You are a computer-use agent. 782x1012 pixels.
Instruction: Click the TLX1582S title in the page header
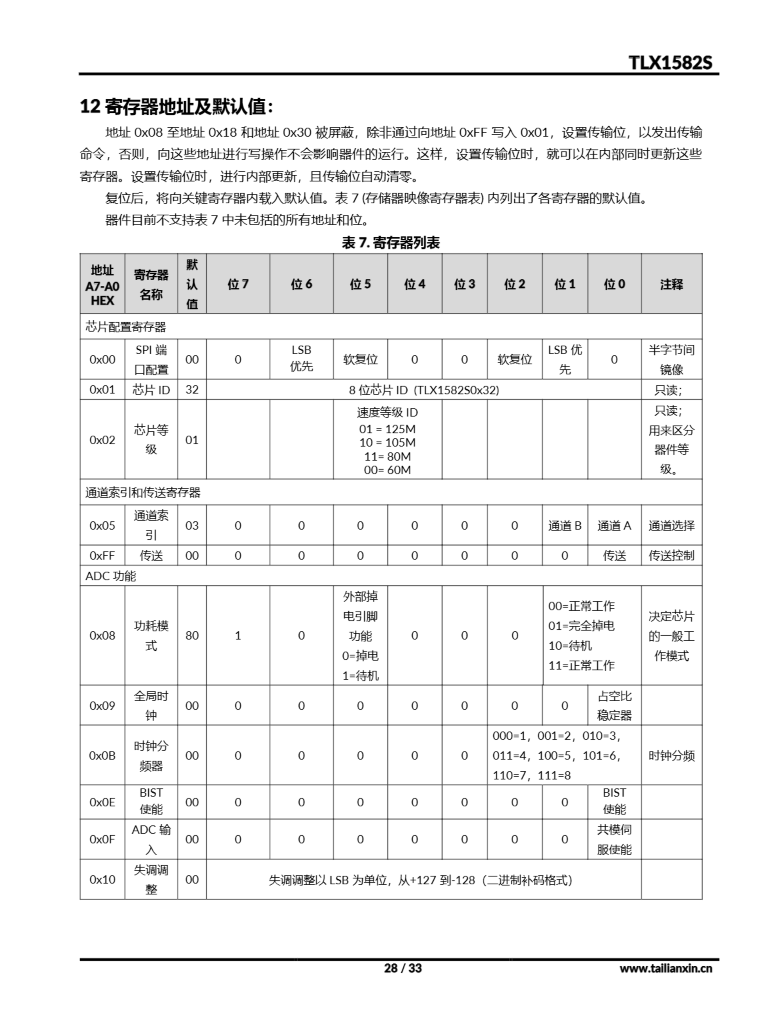click(670, 62)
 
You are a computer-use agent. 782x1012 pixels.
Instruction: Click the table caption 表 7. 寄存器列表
click(390, 242)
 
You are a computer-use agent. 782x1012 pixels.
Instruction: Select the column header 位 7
click(238, 284)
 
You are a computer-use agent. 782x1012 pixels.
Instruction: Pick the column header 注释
click(671, 284)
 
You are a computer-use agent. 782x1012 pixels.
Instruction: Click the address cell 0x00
click(102, 360)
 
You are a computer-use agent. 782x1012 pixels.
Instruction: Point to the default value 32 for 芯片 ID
click(192, 390)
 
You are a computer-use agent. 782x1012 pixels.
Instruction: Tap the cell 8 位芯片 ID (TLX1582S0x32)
click(424, 390)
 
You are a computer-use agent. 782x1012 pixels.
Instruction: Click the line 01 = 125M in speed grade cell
click(387, 429)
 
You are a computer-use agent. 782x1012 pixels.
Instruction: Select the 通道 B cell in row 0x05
click(565, 525)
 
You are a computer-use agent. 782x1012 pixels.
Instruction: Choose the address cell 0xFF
click(102, 555)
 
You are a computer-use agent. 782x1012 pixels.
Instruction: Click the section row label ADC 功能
click(111, 576)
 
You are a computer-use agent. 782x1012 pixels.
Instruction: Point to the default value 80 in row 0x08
click(192, 635)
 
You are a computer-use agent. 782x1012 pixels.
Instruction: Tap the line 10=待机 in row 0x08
click(570, 646)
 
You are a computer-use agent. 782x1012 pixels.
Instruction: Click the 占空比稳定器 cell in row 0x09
click(614, 705)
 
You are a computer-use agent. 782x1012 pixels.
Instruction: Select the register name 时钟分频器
click(151, 756)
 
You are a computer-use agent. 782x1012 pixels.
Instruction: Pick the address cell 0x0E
click(102, 802)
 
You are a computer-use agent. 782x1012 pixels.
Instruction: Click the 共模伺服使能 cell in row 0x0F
click(614, 839)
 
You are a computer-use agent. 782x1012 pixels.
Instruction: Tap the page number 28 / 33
click(403, 968)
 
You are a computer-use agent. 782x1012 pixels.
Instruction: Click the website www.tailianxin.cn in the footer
click(666, 969)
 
